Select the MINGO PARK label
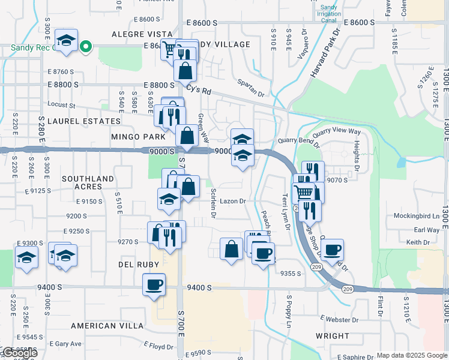[x=138, y=137]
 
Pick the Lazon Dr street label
[x=233, y=202]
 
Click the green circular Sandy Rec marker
[x=86, y=46]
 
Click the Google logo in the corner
[x=19, y=353]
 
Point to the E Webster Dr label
[x=339, y=317]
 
